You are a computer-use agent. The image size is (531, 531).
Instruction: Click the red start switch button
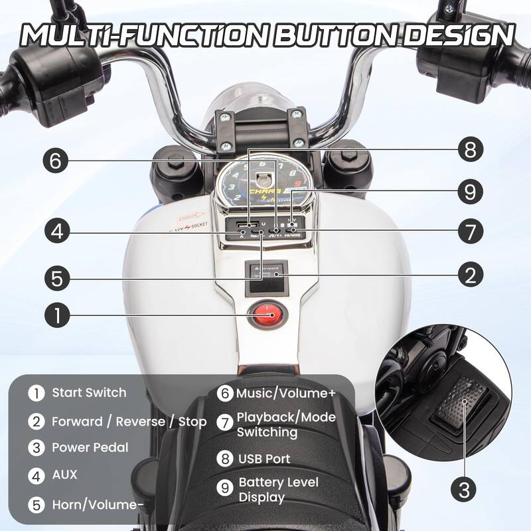264,313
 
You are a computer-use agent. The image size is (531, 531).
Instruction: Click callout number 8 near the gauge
470,149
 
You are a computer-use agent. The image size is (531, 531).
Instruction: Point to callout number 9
470,192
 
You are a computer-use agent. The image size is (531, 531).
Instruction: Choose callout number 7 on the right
470,232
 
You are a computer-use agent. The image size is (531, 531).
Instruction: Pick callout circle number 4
58,232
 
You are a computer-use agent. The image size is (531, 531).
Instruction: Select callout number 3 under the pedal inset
465,491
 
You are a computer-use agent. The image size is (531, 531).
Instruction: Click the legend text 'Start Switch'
89,392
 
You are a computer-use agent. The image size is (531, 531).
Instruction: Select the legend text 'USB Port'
264,458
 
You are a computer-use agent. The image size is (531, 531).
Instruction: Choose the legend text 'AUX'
64,474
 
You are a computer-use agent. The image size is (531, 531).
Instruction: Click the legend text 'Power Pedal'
90,447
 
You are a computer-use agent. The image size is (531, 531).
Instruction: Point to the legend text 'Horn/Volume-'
98,504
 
